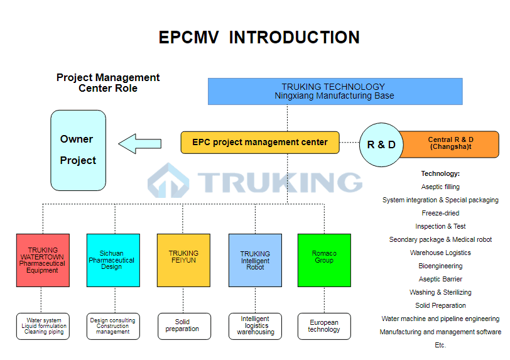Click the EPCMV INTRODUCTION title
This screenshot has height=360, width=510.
pyautogui.click(x=259, y=38)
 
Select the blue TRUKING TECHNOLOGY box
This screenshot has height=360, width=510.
pyautogui.click(x=335, y=91)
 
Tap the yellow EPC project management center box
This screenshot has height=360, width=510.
pyautogui.click(x=259, y=143)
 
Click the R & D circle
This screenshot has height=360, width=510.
pyautogui.click(x=381, y=145)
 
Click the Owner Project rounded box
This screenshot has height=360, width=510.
pyautogui.click(x=78, y=150)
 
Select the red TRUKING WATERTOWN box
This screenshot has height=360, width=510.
pyautogui.click(x=43, y=260)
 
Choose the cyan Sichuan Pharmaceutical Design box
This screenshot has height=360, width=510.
pyautogui.click(x=113, y=260)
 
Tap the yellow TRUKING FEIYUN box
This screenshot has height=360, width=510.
pyautogui.click(x=183, y=260)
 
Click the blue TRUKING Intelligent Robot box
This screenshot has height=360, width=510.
pyautogui.click(x=255, y=260)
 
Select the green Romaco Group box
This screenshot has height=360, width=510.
pyautogui.click(x=324, y=260)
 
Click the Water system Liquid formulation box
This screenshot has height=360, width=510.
pyautogui.click(x=43, y=326)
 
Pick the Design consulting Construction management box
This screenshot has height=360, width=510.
pyautogui.click(x=113, y=326)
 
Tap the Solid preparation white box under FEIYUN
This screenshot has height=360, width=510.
pyautogui.click(x=183, y=326)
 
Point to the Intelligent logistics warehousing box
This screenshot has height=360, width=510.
pyautogui.click(x=255, y=326)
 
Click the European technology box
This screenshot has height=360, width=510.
pyautogui.click(x=324, y=326)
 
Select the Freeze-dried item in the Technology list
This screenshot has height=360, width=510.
pyautogui.click(x=440, y=213)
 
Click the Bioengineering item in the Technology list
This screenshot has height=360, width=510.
pyautogui.click(x=440, y=266)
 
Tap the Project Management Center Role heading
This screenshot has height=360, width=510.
pyautogui.click(x=108, y=83)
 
